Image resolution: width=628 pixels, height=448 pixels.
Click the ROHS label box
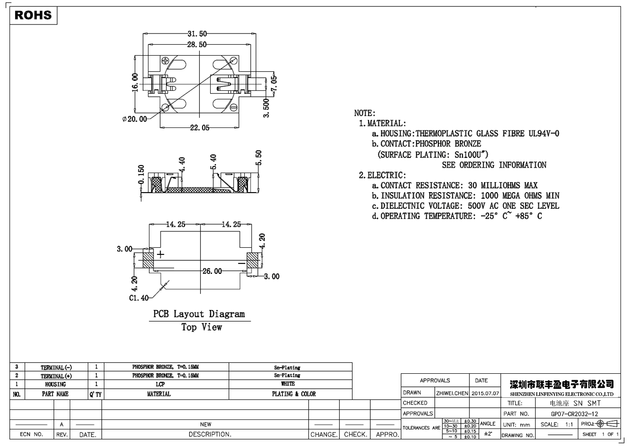click(34, 16)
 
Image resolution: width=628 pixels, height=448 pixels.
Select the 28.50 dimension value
click(197, 45)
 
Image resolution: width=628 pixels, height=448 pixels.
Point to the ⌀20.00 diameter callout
click(134, 119)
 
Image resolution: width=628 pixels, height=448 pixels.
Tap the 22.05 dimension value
click(199, 127)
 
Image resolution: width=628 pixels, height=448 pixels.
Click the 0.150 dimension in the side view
click(141, 175)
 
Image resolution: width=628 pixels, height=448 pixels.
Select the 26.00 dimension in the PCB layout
click(212, 271)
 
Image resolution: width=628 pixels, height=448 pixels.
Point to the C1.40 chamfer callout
click(138, 297)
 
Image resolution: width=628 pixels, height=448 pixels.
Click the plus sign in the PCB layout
click(161, 254)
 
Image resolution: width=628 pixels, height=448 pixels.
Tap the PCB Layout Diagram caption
click(199, 315)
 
